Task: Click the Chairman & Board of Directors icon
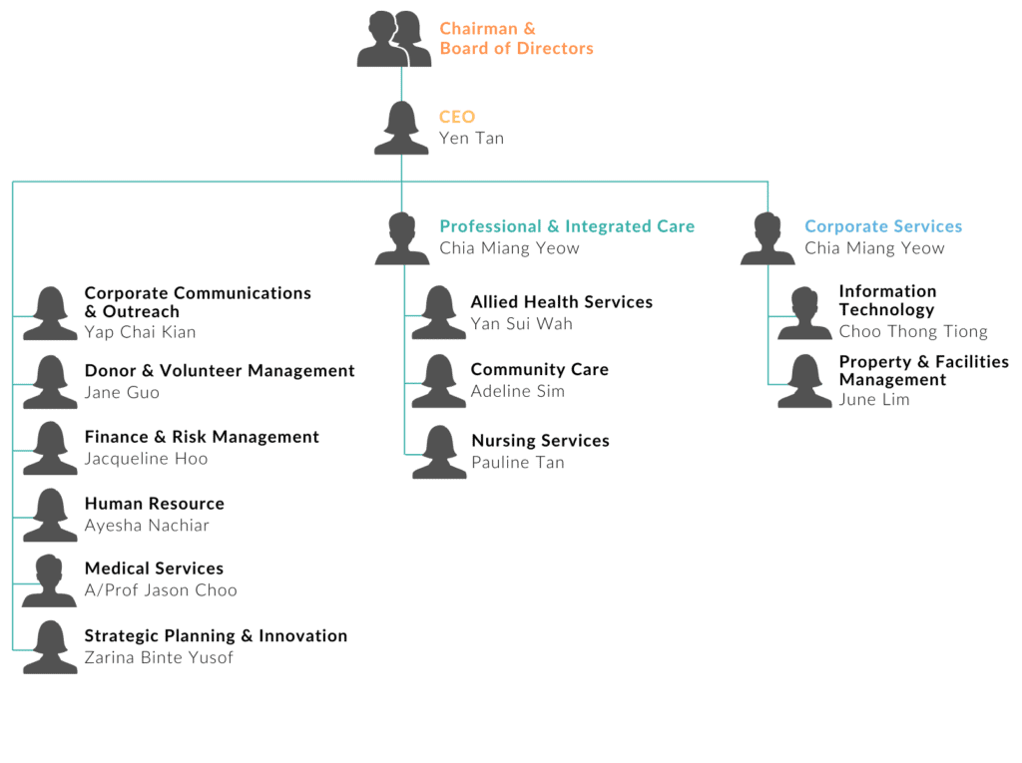pyautogui.click(x=394, y=40)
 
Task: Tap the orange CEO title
pyautogui.click(x=457, y=117)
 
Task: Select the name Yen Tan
pyautogui.click(x=471, y=139)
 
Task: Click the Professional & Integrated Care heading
pyautogui.click(x=567, y=226)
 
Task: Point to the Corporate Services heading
pyautogui.click(x=883, y=226)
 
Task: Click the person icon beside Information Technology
pyautogui.click(x=804, y=313)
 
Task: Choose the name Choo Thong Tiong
pyautogui.click(x=913, y=331)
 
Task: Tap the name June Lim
pyautogui.click(x=874, y=400)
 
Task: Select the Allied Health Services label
pyautogui.click(x=561, y=302)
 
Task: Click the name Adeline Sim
pyautogui.click(x=517, y=391)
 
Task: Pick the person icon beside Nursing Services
pyautogui.click(x=439, y=453)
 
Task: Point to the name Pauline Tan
pyautogui.click(x=517, y=463)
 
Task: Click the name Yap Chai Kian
pyautogui.click(x=140, y=332)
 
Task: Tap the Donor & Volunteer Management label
pyautogui.click(x=220, y=371)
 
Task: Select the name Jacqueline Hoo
pyautogui.click(x=146, y=459)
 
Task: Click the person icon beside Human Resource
pyautogui.click(x=50, y=516)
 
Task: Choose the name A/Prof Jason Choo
pyautogui.click(x=161, y=590)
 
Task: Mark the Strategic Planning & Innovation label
pyautogui.click(x=216, y=636)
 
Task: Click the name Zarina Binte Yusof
pyautogui.click(x=159, y=658)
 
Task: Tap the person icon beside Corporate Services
pyautogui.click(x=767, y=239)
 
